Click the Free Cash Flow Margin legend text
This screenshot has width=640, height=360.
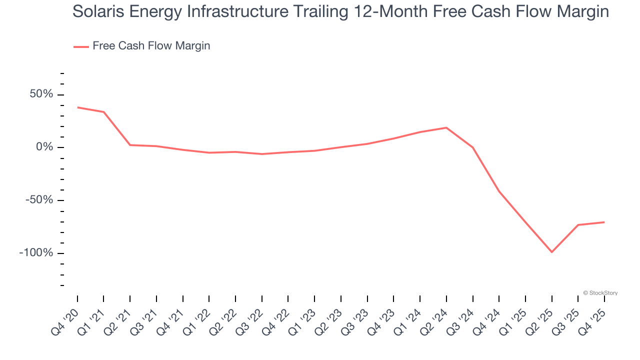point(151,46)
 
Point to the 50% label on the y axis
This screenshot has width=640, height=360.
point(40,94)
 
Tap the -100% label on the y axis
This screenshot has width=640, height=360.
point(35,253)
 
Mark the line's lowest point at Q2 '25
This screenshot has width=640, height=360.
point(552,252)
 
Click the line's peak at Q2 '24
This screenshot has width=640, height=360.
point(446,127)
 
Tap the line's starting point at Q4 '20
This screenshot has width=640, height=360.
point(77,107)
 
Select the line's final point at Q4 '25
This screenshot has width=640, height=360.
point(604,222)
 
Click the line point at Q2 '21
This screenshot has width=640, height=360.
point(130,145)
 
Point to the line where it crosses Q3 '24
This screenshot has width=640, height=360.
point(472,147)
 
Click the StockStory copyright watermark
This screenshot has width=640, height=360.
point(600,293)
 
